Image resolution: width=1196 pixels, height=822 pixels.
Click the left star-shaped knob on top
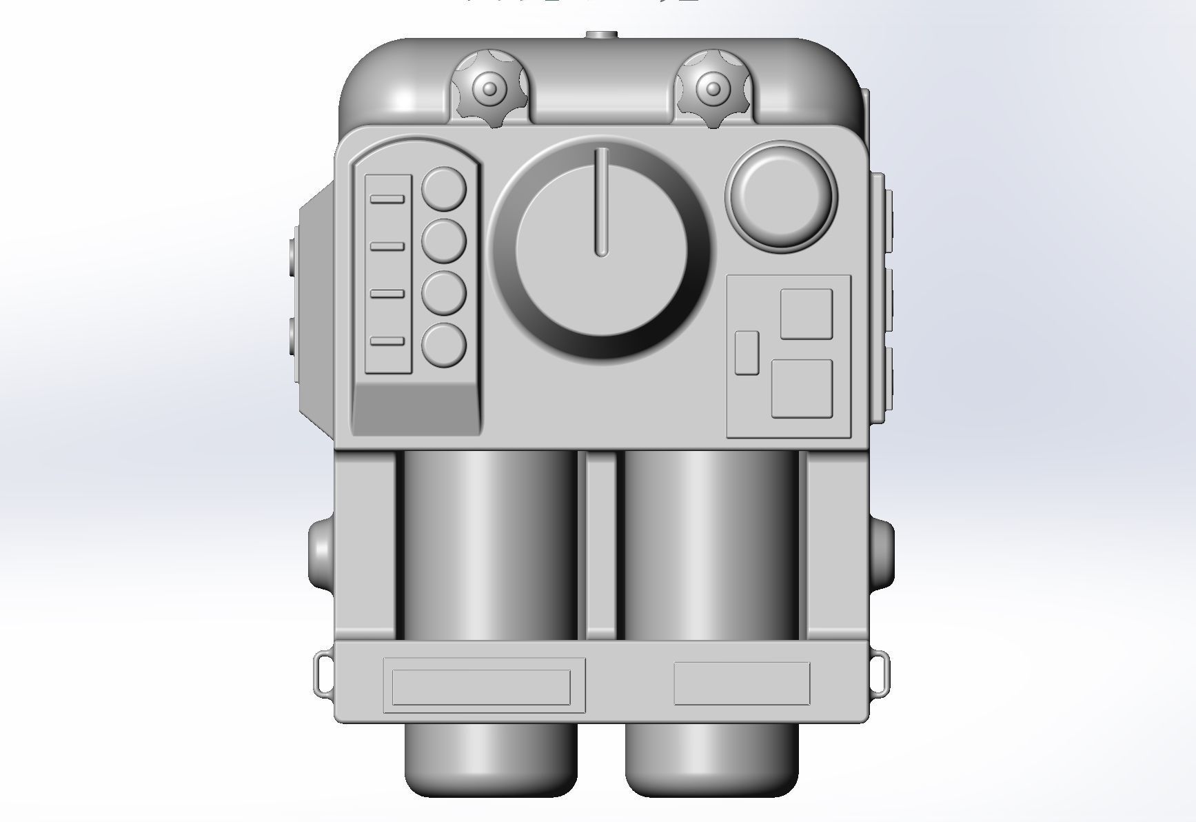(489, 89)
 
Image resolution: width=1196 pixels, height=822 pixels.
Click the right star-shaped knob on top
(713, 89)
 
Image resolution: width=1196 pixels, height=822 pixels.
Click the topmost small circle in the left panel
(443, 189)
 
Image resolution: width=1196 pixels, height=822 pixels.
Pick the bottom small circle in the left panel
(443, 345)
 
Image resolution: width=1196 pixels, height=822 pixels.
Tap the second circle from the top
(443, 241)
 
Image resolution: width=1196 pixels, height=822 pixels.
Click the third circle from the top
(443, 293)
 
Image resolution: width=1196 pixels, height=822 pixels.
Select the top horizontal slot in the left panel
(387, 199)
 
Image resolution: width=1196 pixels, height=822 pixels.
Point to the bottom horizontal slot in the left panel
(387, 341)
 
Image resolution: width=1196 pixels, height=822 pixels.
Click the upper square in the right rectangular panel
(806, 314)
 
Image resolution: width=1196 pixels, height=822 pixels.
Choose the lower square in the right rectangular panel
(801, 388)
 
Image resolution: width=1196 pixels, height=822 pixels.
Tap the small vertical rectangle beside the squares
(747, 352)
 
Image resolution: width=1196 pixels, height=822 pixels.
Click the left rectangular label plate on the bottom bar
(481, 686)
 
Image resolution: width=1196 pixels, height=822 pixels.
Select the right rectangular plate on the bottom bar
(741, 683)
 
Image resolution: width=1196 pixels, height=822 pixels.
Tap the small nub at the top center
(600, 34)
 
